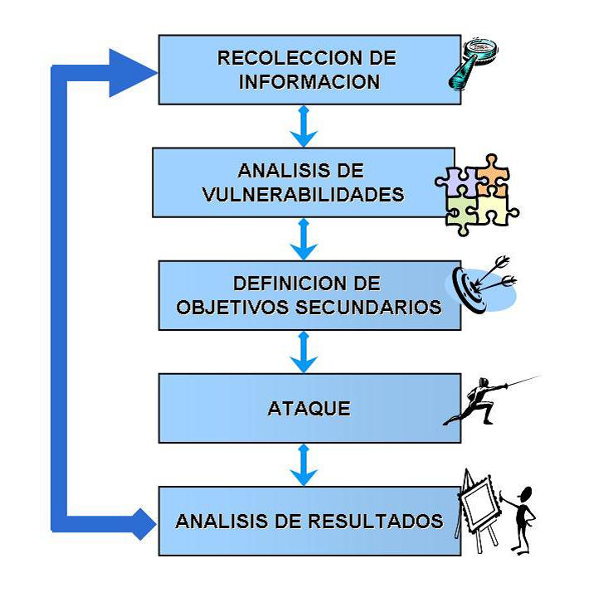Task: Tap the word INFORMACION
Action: pos(309,82)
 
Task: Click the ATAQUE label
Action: pos(309,409)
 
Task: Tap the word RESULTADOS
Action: pos(375,522)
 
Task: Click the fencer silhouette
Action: pos(477,401)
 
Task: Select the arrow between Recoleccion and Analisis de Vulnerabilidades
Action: pos(304,126)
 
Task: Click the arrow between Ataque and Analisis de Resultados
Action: pos(304,464)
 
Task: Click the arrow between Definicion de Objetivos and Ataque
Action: pos(304,352)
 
